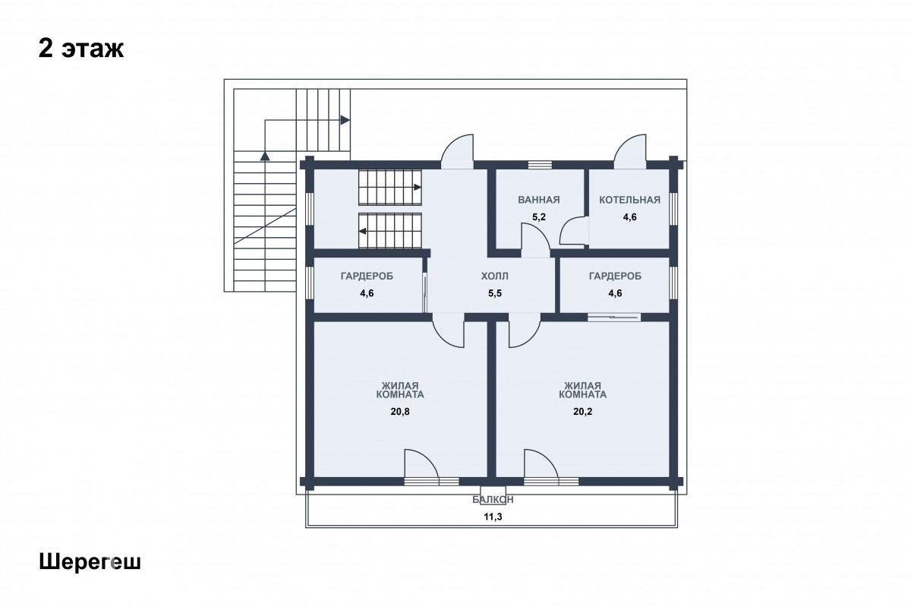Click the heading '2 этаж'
pos(81,49)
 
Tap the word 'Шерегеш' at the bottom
pos(90,563)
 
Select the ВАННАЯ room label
pos(539,200)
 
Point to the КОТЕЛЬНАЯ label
pos(629,200)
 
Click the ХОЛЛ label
pos(494,277)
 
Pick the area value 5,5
pos(494,293)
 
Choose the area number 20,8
pos(400,412)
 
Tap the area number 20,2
pos(583,412)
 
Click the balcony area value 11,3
pos(493,517)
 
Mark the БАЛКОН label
pos(493,500)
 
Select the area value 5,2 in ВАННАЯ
pos(539,217)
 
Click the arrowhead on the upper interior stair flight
pos(418,187)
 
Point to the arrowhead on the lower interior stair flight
pos(362,231)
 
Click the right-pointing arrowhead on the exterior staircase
pos(345,120)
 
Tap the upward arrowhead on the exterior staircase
pos(265,156)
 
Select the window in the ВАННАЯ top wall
pos(540,164)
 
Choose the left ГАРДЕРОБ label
pos(367,277)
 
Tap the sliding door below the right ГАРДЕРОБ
pos(614,316)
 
